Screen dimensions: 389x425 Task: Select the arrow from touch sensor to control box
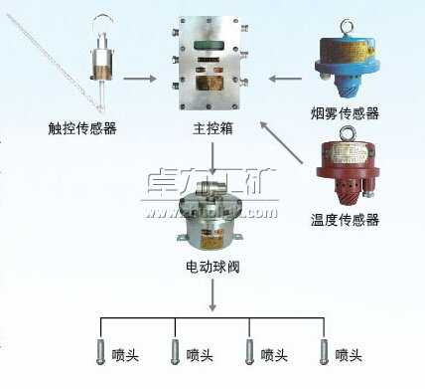(142, 77)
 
